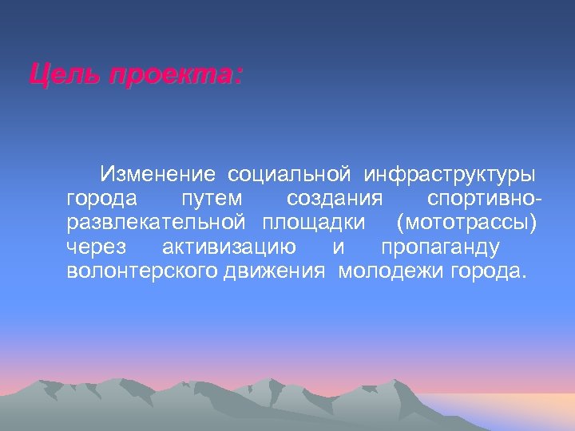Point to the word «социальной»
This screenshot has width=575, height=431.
[291, 173]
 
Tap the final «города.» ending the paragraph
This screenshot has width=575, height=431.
[490, 271]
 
